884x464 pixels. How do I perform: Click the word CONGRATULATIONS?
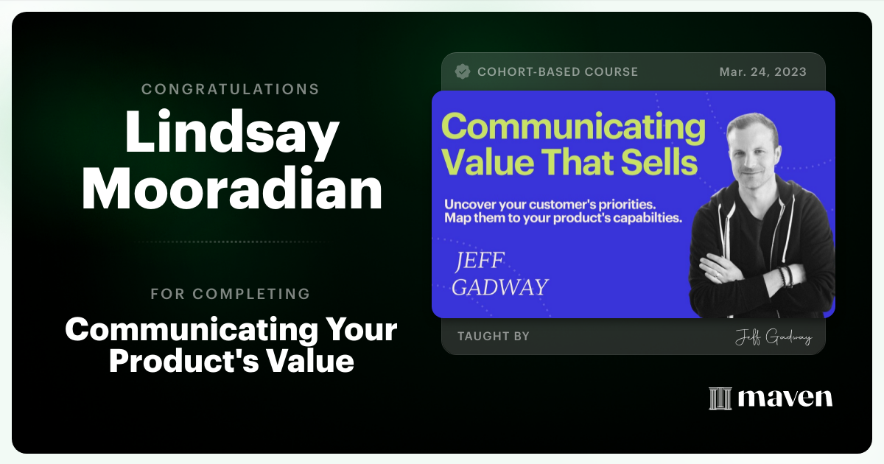point(231,89)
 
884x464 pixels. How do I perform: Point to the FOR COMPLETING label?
point(231,294)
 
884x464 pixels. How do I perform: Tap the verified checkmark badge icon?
point(463,71)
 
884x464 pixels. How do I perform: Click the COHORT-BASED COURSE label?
point(558,72)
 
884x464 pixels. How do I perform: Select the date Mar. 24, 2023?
point(762,72)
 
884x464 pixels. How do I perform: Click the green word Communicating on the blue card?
point(573,127)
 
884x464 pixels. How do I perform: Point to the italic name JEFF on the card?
point(482,261)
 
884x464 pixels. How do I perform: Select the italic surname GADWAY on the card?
point(500,287)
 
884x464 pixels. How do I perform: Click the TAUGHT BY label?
point(494,337)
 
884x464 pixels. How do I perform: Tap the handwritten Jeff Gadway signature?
point(773,338)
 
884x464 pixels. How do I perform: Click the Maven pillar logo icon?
point(720,398)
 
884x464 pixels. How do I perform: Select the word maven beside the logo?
point(785,398)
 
